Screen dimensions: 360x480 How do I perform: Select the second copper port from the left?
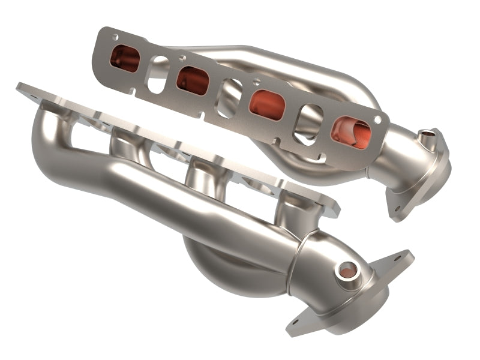pyautogui.click(x=193, y=80)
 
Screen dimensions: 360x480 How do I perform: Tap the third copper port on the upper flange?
pyautogui.click(x=266, y=104)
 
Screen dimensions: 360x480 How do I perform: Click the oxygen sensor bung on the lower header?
pyautogui.click(x=346, y=271)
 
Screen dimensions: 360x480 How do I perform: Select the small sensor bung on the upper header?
pyautogui.click(x=426, y=138)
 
